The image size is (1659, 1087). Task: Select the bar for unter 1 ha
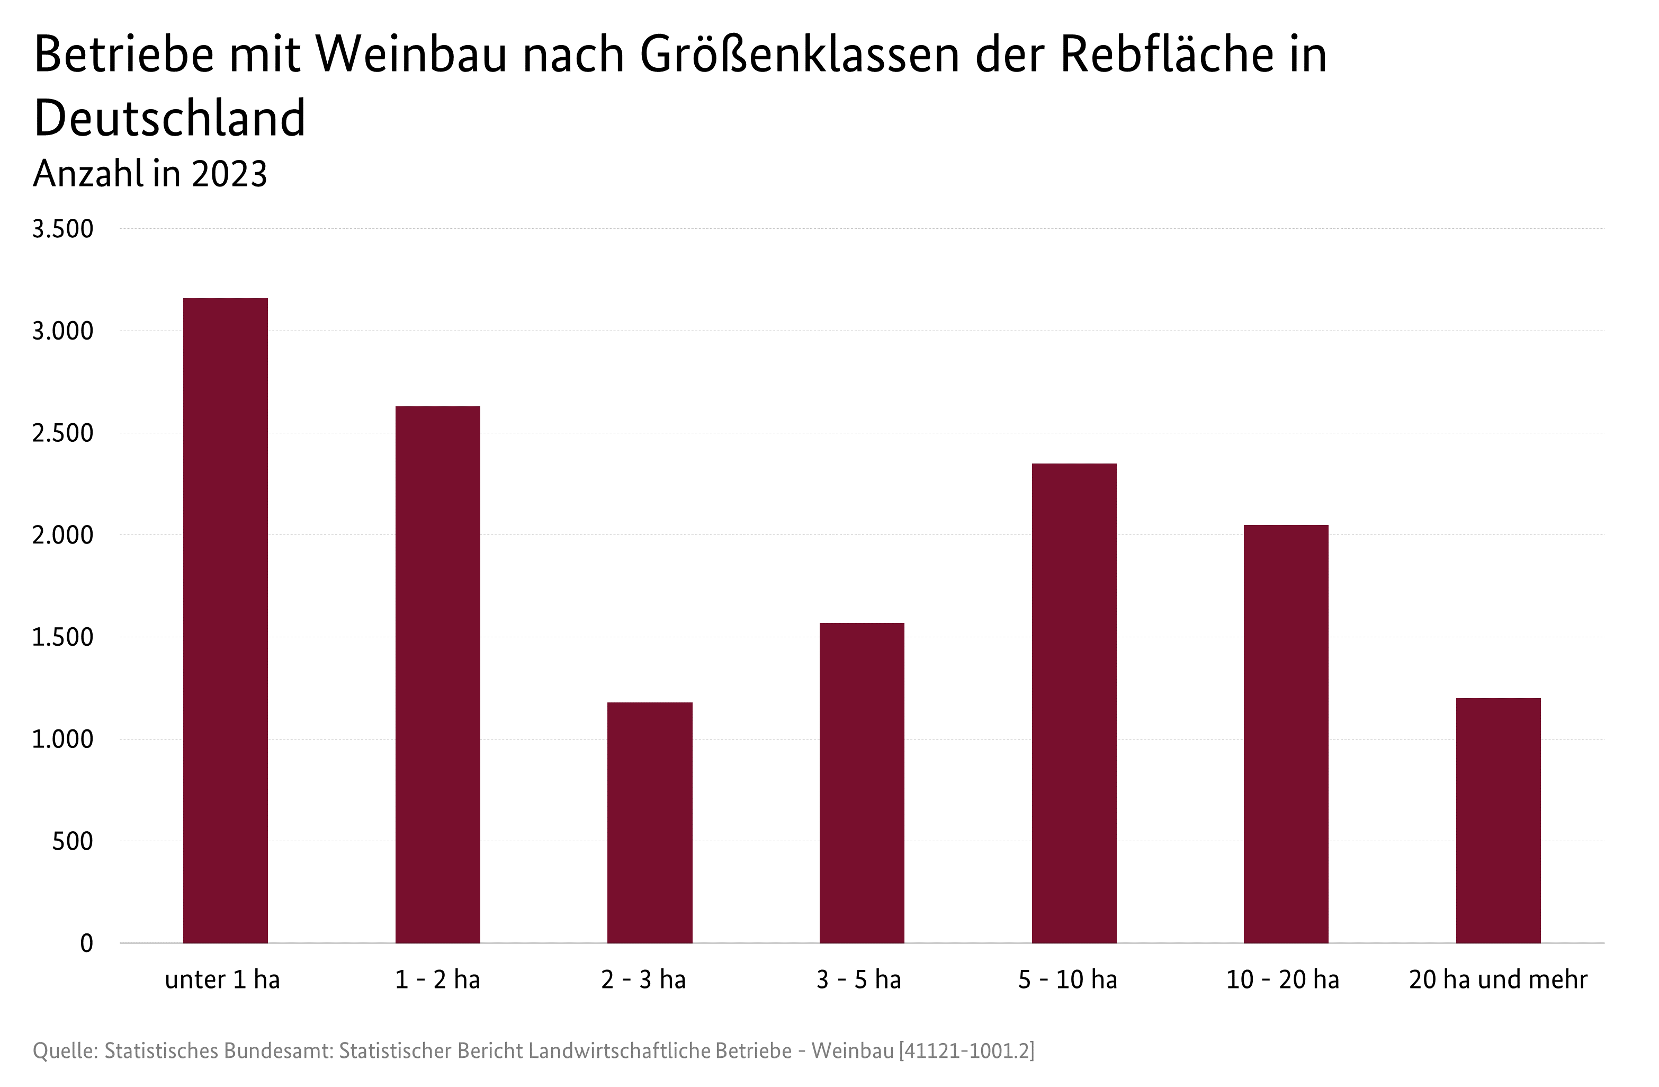[225, 620]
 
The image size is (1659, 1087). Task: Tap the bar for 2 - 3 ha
[649, 823]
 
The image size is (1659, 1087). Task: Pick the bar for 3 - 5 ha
[862, 782]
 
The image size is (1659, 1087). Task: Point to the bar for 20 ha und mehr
[1498, 820]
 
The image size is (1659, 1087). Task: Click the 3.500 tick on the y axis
[62, 229]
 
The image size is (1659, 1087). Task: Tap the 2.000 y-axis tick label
[62, 536]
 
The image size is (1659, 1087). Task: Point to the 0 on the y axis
[86, 943]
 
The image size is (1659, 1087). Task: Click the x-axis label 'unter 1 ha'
[222, 979]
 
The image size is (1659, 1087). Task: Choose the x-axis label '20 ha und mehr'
[1498, 979]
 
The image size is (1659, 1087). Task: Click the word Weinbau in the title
[412, 55]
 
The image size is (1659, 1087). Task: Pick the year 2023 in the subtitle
[229, 174]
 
